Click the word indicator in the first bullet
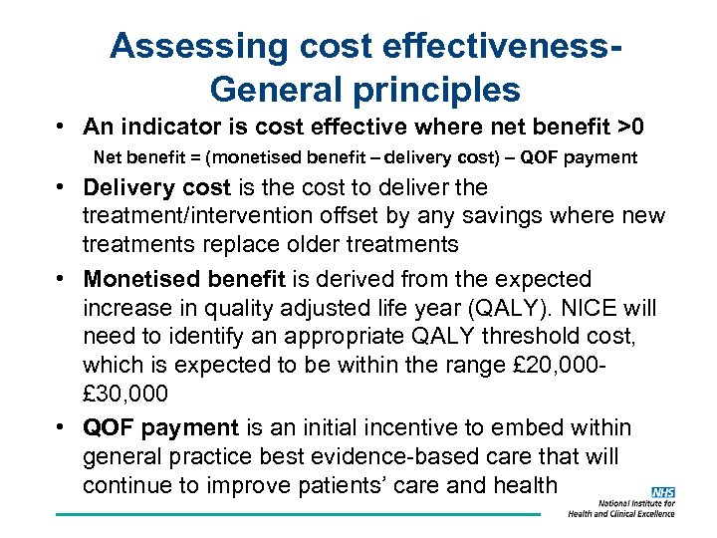tap(172, 128)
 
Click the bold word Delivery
tap(122, 188)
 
